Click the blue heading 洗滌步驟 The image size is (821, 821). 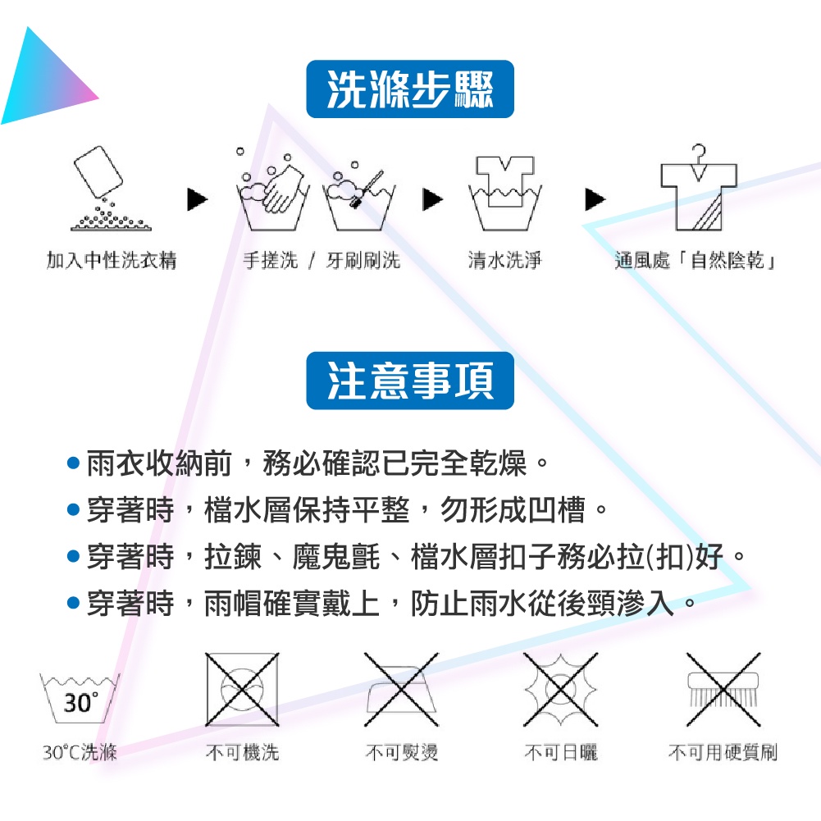(410, 89)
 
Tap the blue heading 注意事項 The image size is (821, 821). (410, 381)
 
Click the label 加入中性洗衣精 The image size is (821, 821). (112, 262)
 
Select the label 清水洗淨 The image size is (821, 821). (504, 262)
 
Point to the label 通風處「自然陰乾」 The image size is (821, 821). (696, 262)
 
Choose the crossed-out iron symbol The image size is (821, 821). (402, 689)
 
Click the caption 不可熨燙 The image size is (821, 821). (402, 752)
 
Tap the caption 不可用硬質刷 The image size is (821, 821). (723, 752)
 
